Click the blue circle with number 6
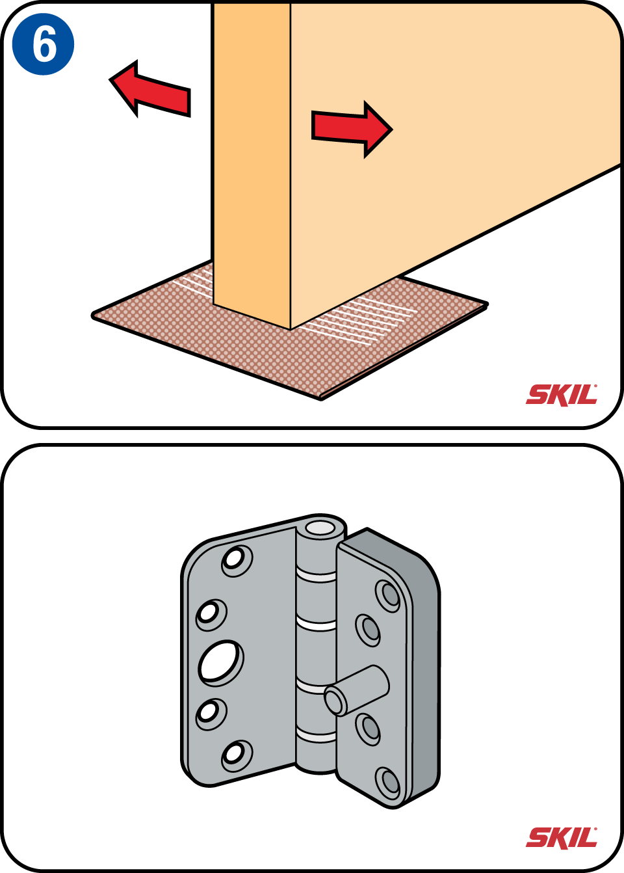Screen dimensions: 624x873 (44, 44)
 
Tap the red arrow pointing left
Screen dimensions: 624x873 (150, 89)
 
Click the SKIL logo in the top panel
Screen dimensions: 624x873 (562, 396)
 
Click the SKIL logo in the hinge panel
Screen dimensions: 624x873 (562, 838)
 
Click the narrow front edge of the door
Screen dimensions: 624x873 (252, 164)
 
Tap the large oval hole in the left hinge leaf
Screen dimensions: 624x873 (220, 662)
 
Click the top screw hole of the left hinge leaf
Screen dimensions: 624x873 (237, 561)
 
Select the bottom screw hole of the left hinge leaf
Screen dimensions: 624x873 (237, 756)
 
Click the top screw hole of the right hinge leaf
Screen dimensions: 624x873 (387, 596)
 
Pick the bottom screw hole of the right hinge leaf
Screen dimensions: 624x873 (387, 783)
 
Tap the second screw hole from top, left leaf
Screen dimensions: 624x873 (211, 615)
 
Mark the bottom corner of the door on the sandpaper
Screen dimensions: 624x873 (291, 330)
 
